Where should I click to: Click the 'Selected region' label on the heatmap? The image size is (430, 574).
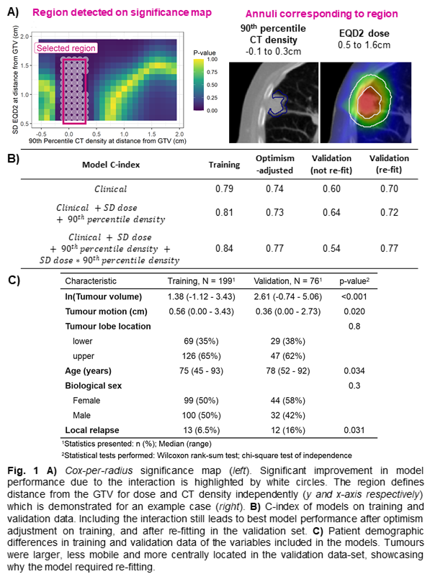[x=66, y=48]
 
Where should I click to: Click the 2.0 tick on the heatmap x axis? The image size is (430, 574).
[x=179, y=134]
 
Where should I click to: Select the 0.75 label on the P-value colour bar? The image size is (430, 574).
[x=212, y=72]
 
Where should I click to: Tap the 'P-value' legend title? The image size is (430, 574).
[x=205, y=53]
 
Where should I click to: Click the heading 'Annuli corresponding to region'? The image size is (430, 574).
[x=321, y=14]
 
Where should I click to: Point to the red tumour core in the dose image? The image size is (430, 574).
[x=369, y=102]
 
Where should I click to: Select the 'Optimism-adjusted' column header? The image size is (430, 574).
[x=275, y=165]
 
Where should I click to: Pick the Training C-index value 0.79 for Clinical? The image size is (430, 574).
[x=224, y=189]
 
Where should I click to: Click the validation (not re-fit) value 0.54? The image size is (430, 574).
[x=331, y=249]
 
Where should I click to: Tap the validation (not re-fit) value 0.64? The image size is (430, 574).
[x=331, y=213]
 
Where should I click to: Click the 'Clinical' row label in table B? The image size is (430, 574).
[x=111, y=189]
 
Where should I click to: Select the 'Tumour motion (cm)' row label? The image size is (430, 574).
[x=107, y=311]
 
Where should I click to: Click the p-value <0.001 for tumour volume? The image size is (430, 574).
[x=354, y=296]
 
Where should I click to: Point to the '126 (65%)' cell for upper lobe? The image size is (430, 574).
[x=201, y=356]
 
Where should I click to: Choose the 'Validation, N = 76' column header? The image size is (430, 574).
[x=288, y=281]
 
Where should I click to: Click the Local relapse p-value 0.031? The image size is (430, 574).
[x=354, y=430]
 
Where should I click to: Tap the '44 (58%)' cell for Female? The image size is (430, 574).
[x=288, y=401]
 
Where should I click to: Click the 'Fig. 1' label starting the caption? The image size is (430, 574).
[x=23, y=470]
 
